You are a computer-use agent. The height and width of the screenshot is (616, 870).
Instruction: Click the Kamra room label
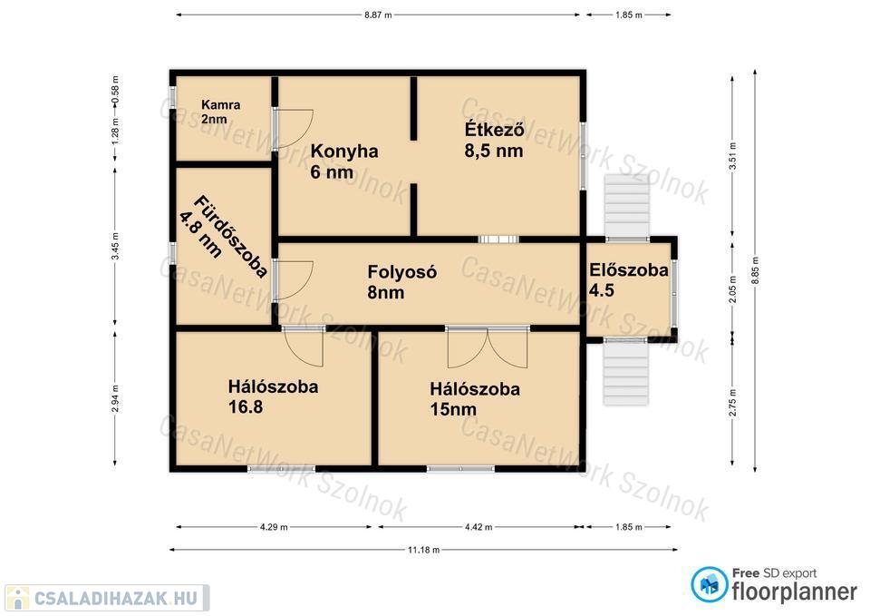(221, 112)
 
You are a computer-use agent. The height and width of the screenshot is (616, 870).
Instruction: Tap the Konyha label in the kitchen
(344, 152)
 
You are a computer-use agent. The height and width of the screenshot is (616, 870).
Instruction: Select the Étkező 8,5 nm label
(494, 140)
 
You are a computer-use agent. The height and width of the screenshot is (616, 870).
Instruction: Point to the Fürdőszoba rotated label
(223, 236)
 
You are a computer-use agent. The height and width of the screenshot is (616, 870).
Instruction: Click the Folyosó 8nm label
(401, 281)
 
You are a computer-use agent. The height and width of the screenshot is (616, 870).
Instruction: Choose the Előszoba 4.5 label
(628, 280)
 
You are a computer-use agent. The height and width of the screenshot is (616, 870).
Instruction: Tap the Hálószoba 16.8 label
(273, 396)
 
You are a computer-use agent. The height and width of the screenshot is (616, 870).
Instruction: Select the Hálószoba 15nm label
(475, 399)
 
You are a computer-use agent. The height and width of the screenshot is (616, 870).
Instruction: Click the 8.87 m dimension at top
(378, 15)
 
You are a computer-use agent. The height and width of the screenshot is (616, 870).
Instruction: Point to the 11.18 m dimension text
(423, 550)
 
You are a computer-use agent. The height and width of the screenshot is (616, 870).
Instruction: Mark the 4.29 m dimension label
(274, 526)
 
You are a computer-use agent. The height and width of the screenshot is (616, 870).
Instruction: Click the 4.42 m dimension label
(478, 526)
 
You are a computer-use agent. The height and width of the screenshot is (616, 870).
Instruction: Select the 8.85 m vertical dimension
(755, 270)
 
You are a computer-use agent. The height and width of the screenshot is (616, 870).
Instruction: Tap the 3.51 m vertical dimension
(732, 156)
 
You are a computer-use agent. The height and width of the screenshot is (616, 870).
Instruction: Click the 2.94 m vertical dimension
(115, 398)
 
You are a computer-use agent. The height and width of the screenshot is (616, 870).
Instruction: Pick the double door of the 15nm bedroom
(488, 347)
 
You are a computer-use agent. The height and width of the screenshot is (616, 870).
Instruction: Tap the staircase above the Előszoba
(627, 206)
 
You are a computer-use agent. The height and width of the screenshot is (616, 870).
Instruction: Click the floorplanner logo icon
(710, 584)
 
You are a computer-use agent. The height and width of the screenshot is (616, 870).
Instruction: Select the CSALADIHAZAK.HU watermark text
(115, 598)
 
